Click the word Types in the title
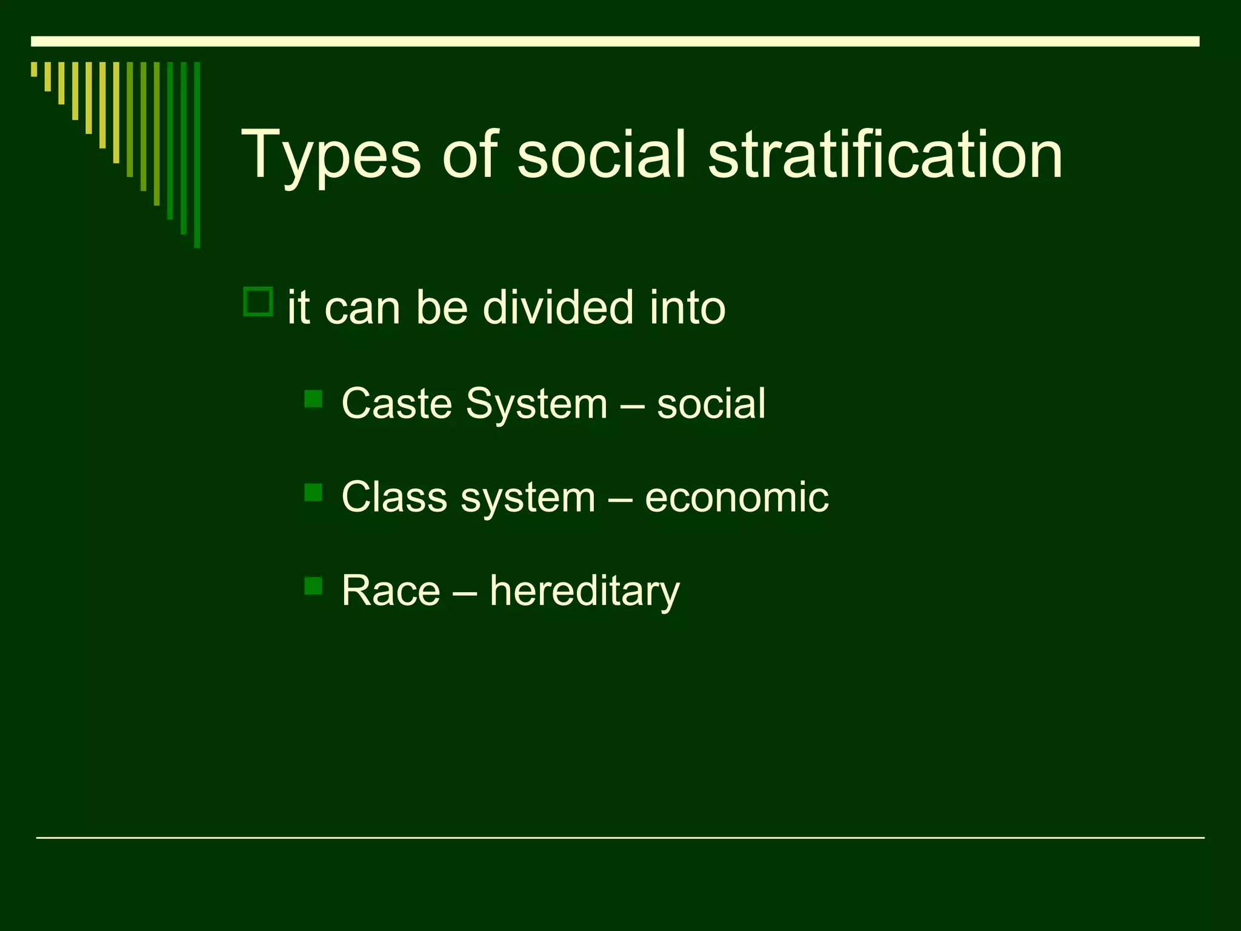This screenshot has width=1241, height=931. [331, 156]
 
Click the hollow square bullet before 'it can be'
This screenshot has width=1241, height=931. [258, 302]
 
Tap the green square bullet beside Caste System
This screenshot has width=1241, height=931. [313, 399]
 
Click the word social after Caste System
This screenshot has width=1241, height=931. [711, 404]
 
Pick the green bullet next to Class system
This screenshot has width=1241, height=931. [313, 492]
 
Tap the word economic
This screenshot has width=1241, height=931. [736, 497]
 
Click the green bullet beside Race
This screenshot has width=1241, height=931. [313, 586]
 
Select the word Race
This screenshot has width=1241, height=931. [391, 590]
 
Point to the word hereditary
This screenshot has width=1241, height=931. [584, 592]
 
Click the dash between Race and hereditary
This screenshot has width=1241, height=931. [465, 592]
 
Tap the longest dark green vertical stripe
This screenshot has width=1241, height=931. [197, 155]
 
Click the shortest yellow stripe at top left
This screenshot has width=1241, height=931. [35, 69]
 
